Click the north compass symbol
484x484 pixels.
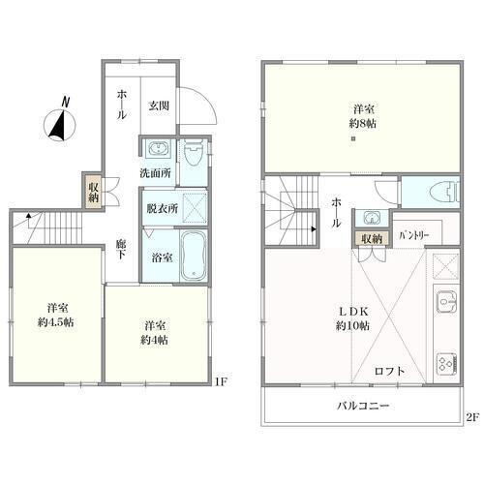tap(60, 121)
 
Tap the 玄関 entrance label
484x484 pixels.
tap(159, 106)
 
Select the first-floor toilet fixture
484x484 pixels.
tap(194, 152)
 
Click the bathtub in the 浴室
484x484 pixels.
tap(193, 256)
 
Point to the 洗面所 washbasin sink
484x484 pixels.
tap(157, 149)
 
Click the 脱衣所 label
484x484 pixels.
tap(163, 209)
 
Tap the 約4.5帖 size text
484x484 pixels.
tap(55, 322)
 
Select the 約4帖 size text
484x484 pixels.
tap(154, 340)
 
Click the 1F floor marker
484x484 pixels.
tap(222, 382)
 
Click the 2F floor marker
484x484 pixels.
tap(472, 417)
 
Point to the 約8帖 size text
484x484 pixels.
tap(363, 123)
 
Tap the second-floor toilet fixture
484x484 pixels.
tap(444, 193)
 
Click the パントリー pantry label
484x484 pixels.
tap(414, 235)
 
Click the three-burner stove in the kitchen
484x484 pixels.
tap(447, 364)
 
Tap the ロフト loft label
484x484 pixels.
tap(389, 371)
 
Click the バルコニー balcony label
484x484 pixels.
tap(363, 406)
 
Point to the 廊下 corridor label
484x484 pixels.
tap(121, 249)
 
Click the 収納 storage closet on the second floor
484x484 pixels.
tap(372, 239)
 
